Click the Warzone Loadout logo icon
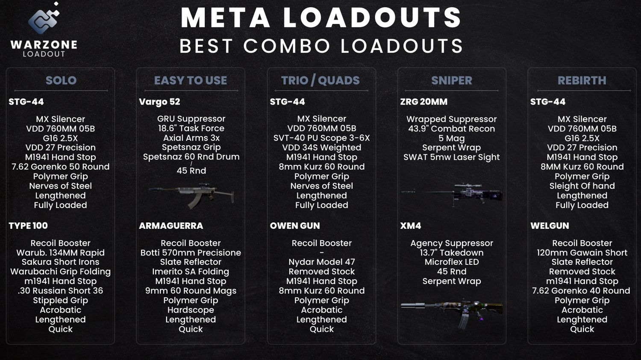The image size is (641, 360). click(44, 20)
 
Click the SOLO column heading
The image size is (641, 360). click(61, 80)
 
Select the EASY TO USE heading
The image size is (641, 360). click(191, 80)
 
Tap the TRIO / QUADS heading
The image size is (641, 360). click(320, 80)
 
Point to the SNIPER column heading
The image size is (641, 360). click(452, 80)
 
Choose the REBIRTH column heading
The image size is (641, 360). click(582, 80)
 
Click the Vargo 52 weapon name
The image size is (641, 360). click(159, 102)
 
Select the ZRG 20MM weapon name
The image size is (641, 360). click(423, 102)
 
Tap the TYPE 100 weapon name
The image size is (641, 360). click(28, 226)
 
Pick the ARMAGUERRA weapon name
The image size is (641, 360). click(171, 226)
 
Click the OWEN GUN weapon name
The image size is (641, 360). click(295, 226)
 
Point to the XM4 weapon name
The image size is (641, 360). click(411, 226)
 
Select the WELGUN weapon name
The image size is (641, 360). click(550, 226)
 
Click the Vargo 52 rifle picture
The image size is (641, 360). click(191, 195)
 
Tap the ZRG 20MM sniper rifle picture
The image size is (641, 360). click(452, 193)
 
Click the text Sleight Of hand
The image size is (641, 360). click(582, 186)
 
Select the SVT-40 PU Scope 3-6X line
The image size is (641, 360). click(322, 138)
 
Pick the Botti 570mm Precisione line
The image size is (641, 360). click(191, 253)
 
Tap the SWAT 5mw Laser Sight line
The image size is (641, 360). click(452, 157)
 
